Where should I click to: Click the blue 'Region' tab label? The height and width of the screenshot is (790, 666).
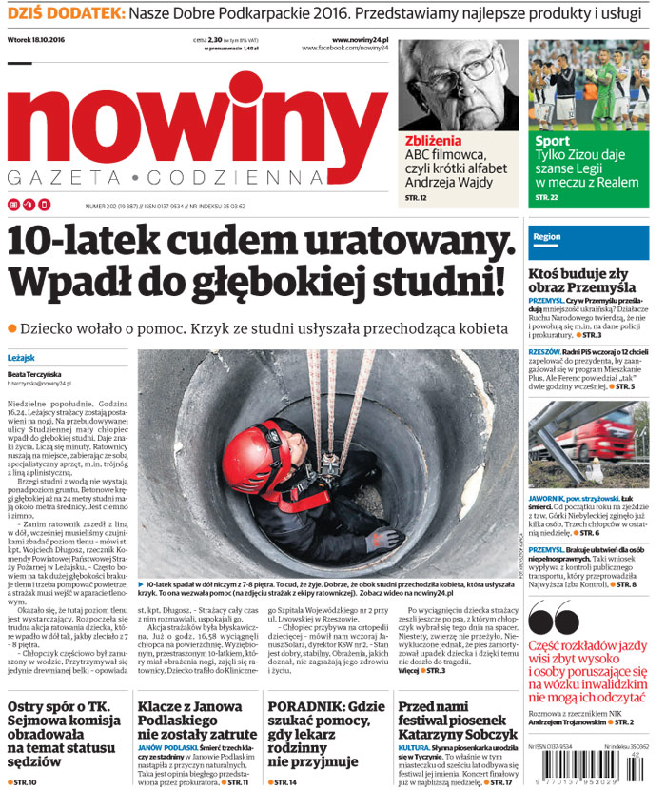pos(547,236)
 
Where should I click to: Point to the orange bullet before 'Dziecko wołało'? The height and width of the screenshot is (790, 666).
pos(12,328)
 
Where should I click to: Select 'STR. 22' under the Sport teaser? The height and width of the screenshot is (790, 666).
pos(546,197)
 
